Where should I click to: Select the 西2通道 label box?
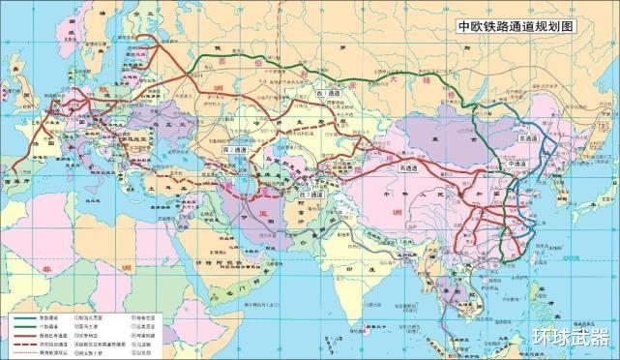tap(235, 151)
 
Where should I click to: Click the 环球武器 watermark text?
tap(571, 338)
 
